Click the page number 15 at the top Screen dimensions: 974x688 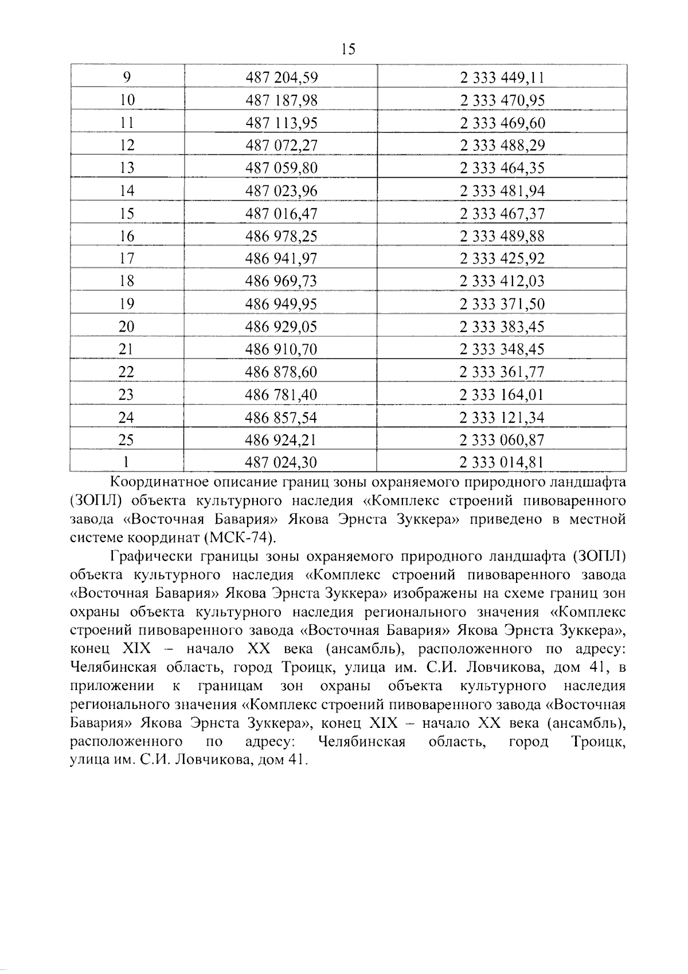348,49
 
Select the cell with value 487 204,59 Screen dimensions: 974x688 281,77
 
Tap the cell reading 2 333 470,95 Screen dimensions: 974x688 502,100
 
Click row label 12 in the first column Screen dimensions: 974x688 127,146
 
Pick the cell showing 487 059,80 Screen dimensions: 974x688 281,168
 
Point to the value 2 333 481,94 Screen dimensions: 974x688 502,191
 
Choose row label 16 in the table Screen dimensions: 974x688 127,236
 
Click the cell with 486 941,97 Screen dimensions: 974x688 281,259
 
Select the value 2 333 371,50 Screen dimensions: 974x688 502,304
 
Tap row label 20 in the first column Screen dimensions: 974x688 127,327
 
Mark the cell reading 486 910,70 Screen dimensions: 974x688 281,349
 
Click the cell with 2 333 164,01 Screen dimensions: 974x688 502,395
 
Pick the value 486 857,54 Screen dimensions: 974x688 281,418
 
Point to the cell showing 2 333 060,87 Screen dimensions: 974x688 502,440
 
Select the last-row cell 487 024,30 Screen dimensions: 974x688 281,462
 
